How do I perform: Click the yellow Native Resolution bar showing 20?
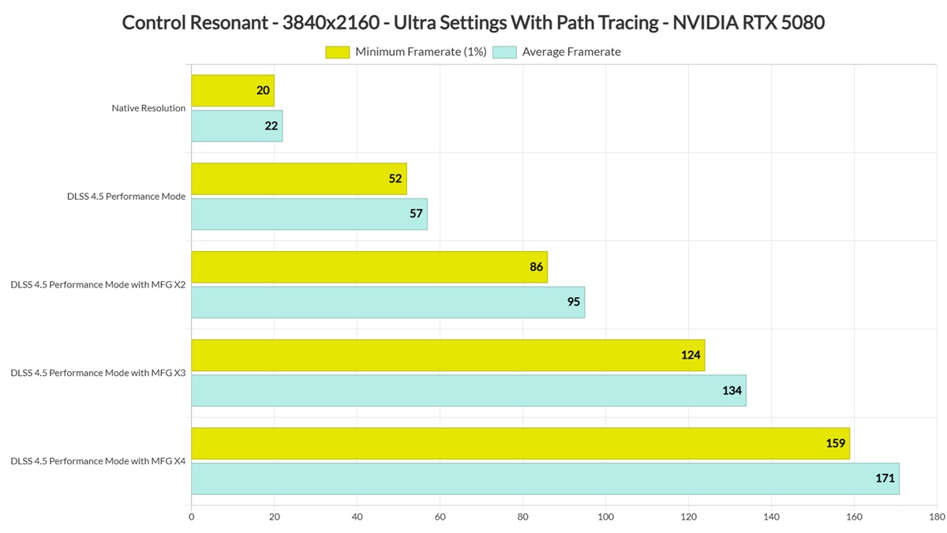233,91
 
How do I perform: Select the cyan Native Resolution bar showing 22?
237,126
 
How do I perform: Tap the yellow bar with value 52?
299,179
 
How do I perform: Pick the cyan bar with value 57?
309,214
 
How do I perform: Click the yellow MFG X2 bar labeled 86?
369,267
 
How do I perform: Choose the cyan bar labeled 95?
388,302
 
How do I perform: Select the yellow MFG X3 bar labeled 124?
448,355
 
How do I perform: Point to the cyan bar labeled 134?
469,390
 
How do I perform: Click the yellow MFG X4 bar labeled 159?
520,443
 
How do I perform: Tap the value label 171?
885,479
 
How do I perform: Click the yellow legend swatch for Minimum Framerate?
338,52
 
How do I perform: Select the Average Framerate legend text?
571,52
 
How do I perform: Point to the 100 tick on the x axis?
605,517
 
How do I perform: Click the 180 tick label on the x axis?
937,517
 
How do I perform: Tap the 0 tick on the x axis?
192,517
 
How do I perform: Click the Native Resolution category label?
148,108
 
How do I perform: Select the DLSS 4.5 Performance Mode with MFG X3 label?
98,373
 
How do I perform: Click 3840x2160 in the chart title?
331,23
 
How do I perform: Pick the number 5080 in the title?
803,23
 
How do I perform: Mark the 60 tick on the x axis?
440,517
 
